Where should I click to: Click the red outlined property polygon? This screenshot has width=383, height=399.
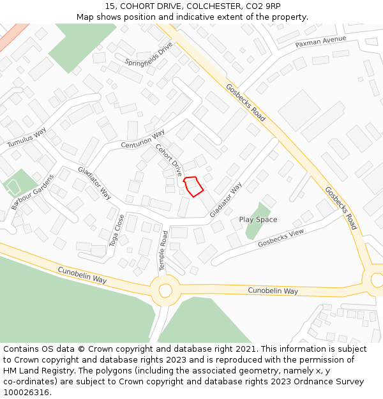(193, 186)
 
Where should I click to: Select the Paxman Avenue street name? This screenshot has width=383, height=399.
(320, 41)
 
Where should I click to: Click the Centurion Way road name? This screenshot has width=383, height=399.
(143, 141)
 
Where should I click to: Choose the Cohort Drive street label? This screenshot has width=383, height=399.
(169, 160)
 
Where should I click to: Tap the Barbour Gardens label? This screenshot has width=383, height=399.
(33, 192)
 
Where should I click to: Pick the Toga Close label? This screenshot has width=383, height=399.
(117, 230)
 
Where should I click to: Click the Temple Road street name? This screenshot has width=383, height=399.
(163, 251)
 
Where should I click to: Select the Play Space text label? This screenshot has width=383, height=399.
(258, 220)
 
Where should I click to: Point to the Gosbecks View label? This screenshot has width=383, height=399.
(281, 238)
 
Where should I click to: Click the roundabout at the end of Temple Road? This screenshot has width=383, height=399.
(165, 290)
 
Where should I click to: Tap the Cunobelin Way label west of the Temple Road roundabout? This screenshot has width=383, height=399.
(82, 275)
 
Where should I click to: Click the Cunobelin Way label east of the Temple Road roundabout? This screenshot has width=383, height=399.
(273, 291)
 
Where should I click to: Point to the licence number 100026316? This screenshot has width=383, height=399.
(26, 392)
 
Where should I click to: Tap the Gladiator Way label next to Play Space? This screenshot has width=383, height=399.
(226, 200)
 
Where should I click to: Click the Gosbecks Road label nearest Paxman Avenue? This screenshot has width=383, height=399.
(246, 102)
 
